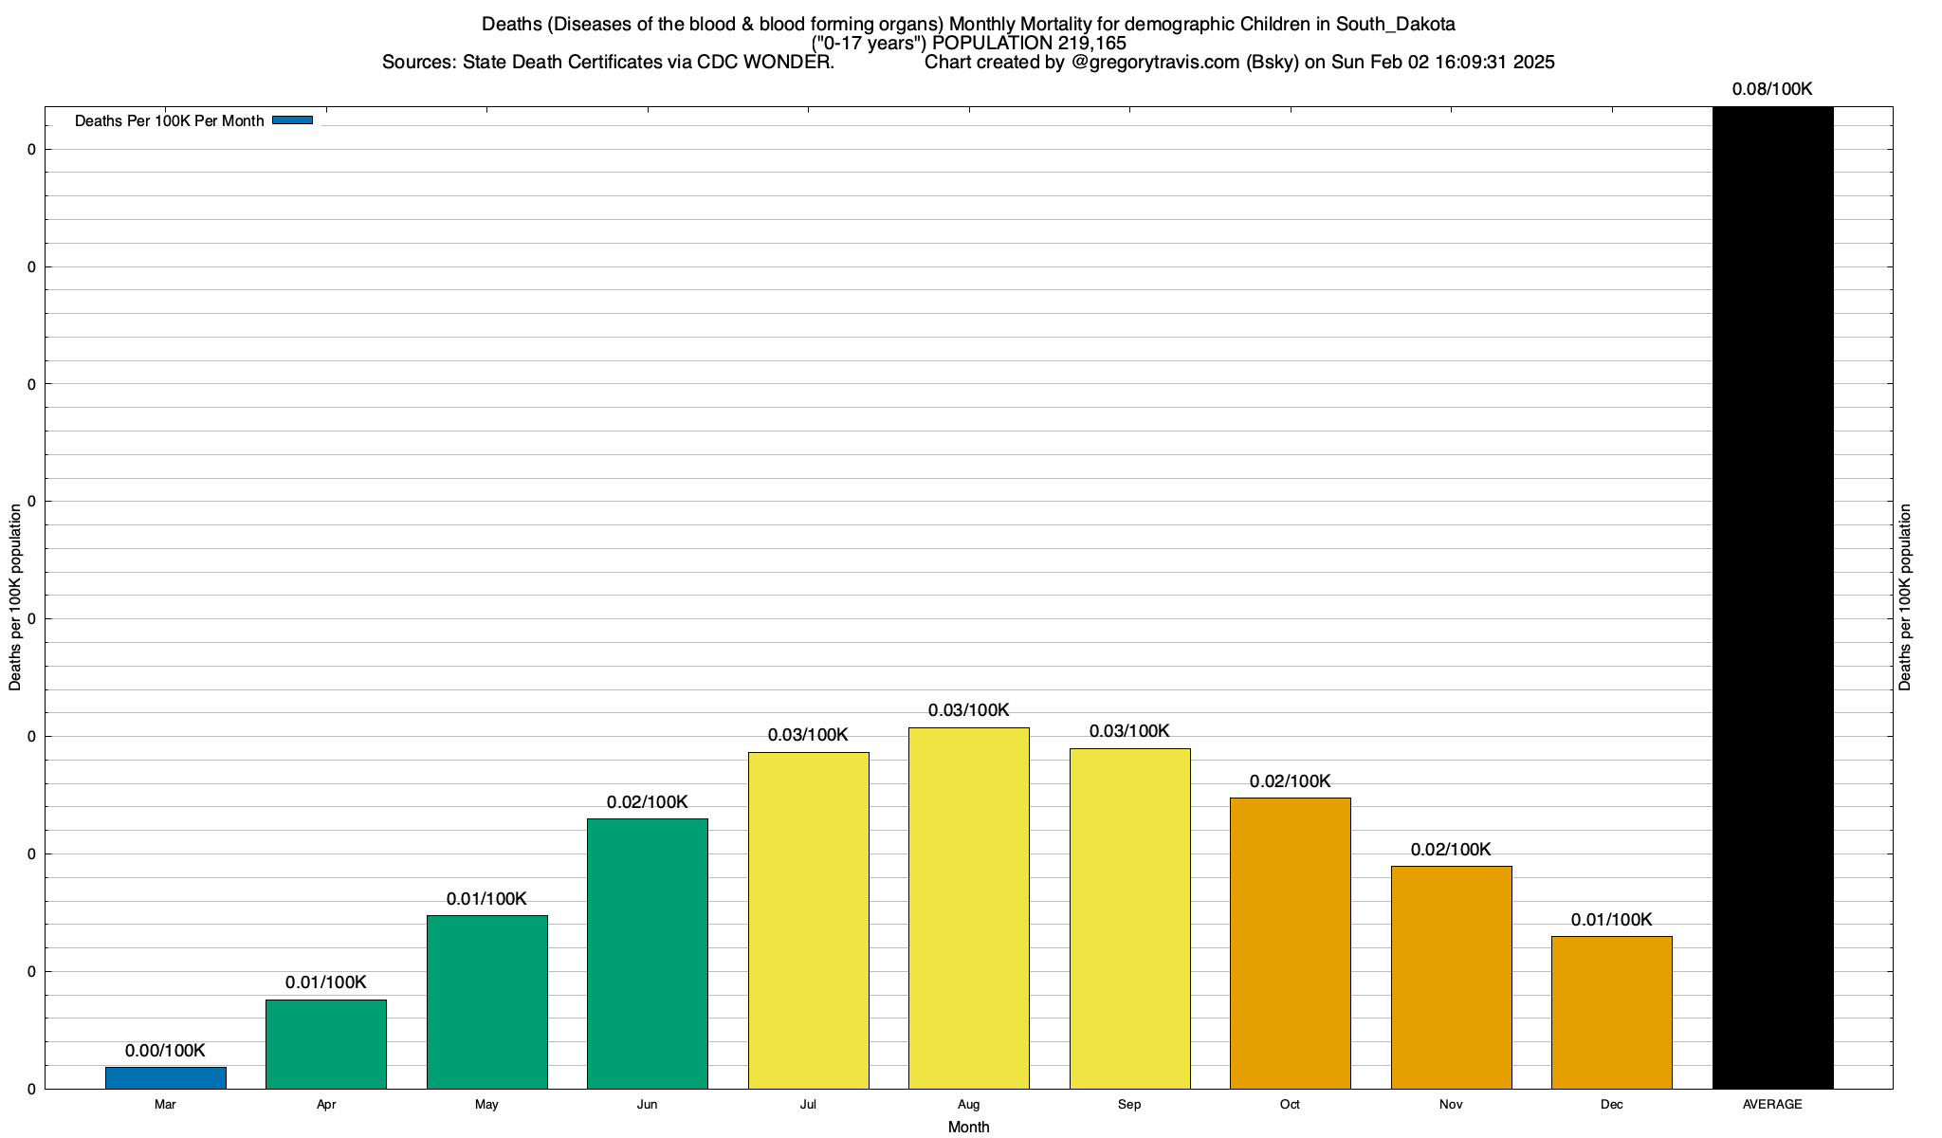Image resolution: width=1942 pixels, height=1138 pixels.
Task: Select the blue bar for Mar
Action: tap(165, 1078)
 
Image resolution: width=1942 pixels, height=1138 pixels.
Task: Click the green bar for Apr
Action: tap(326, 1044)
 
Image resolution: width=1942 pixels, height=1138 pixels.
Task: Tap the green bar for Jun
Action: tap(648, 953)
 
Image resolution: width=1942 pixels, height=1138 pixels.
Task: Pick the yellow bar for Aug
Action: tap(969, 908)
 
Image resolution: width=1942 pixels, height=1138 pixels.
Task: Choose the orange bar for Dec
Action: tap(1612, 1012)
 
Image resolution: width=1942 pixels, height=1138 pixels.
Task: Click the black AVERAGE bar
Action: tap(1773, 597)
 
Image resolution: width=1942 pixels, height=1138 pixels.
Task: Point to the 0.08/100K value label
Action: tap(1772, 90)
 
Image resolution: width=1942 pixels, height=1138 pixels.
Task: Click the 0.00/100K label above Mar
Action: tap(165, 1051)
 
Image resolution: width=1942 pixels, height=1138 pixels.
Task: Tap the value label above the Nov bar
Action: tap(1451, 850)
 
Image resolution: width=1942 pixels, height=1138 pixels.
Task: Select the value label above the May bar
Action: tap(486, 899)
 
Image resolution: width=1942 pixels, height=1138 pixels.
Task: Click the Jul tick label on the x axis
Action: tap(808, 1105)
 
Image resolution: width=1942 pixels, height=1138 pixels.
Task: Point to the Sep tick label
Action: tap(1129, 1105)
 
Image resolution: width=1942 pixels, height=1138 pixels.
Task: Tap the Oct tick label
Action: tap(1290, 1105)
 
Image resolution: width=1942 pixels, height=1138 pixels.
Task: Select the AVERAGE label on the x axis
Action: tap(1772, 1105)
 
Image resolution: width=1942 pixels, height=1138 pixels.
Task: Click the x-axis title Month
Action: tap(968, 1128)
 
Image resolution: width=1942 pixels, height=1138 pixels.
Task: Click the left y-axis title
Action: tap(15, 597)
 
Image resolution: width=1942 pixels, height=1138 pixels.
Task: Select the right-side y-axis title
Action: tap(1905, 597)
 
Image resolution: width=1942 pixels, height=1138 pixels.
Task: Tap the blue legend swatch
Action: tap(292, 120)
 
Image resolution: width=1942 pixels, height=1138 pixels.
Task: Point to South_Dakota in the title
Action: tap(1394, 24)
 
